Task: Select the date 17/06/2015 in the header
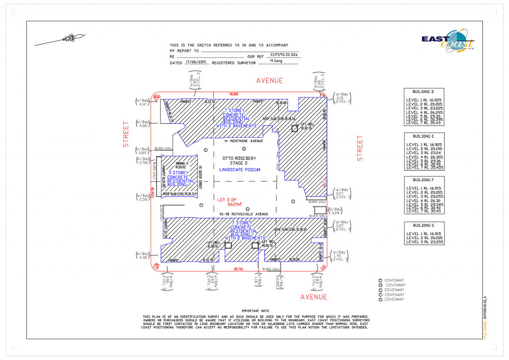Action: (194, 63)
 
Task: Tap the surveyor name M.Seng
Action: (277, 61)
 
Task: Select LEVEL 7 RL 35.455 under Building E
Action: (425, 168)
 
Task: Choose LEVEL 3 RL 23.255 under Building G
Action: (424, 242)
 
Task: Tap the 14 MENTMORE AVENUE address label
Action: (243, 141)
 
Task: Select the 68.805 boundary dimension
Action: (234, 93)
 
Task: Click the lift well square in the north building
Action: (294, 128)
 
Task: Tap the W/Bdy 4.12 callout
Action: (143, 102)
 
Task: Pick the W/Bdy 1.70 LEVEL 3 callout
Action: (339, 256)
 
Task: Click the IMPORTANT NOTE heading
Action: (255, 310)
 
